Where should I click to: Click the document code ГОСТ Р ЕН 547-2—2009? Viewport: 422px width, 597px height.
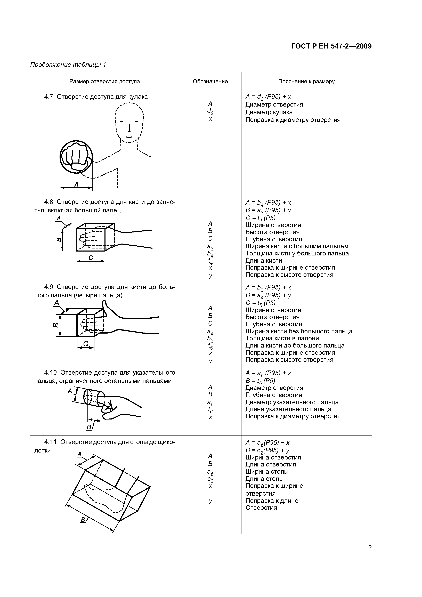[331, 46]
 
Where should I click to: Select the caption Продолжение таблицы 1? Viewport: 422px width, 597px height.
[68, 64]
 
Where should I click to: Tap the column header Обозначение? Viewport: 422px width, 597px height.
[210, 81]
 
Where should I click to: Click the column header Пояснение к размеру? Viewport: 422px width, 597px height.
[306, 81]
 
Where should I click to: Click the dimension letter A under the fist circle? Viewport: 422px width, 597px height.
[76, 184]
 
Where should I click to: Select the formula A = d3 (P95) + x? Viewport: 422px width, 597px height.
[268, 97]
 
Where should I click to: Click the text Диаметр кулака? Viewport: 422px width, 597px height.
[269, 112]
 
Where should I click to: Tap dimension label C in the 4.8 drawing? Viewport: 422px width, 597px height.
[91, 258]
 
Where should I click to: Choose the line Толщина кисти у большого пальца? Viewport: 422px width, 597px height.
[297, 253]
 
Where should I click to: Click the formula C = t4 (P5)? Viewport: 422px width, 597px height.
[260, 218]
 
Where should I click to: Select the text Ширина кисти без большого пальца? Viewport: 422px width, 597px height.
[299, 331]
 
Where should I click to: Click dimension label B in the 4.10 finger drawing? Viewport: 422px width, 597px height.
[89, 427]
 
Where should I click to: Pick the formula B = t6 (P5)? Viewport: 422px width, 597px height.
[260, 381]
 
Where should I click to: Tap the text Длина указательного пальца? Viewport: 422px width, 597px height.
[288, 409]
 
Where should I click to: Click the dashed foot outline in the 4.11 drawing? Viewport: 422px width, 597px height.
[104, 495]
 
